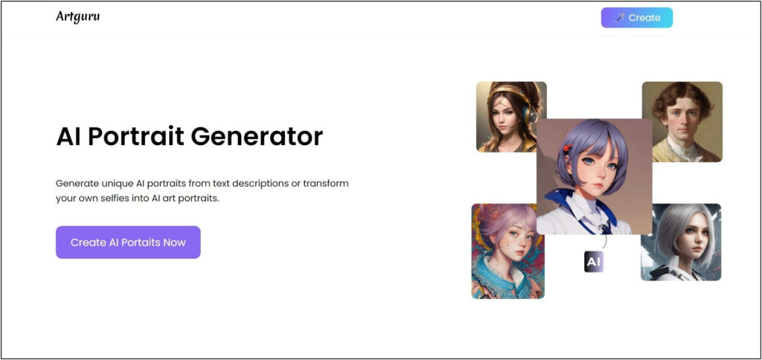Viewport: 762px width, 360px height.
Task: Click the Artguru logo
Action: coord(77,16)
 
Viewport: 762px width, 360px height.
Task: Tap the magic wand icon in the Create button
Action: coord(619,18)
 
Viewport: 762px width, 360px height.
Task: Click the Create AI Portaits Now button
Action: coord(128,242)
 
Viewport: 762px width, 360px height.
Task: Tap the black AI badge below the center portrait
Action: coord(593,262)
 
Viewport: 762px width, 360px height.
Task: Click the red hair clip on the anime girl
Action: coord(566,149)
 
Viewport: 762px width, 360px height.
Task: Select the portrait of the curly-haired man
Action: coord(682,121)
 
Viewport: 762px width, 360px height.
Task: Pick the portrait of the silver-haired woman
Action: coord(681,242)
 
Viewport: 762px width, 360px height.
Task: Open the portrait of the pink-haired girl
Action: coord(508,251)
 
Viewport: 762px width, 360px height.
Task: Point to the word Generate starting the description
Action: coord(79,183)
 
